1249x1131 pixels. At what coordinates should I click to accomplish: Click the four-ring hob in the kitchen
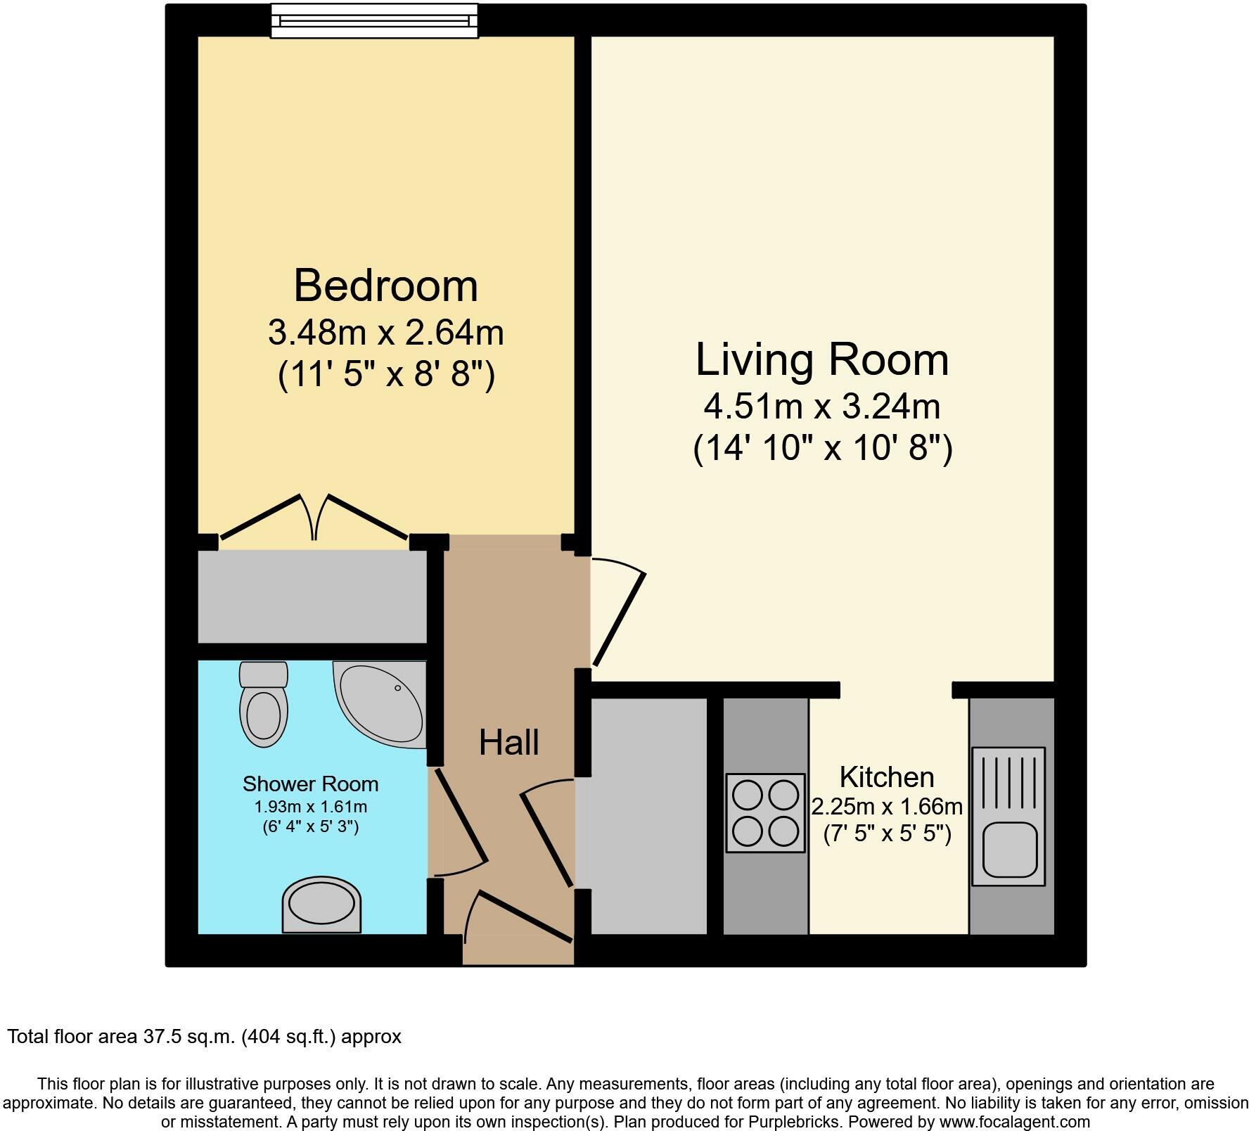point(765,813)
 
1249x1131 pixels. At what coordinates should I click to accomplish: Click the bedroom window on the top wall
point(374,20)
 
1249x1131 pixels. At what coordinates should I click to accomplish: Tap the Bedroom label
point(385,286)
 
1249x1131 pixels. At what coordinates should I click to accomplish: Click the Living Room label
point(822,359)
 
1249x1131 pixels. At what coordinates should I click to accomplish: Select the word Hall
point(508,743)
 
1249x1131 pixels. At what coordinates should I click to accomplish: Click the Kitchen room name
point(886,777)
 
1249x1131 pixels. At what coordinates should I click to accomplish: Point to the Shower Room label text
point(310,784)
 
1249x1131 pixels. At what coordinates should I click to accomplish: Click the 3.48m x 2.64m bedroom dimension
point(385,333)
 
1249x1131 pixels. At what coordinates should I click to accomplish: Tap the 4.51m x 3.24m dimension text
point(822,407)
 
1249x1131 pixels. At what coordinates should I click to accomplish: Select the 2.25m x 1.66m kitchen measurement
point(886,806)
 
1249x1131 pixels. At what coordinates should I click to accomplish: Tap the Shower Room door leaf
point(461,816)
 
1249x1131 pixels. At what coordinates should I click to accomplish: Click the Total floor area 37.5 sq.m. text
point(204,1036)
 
